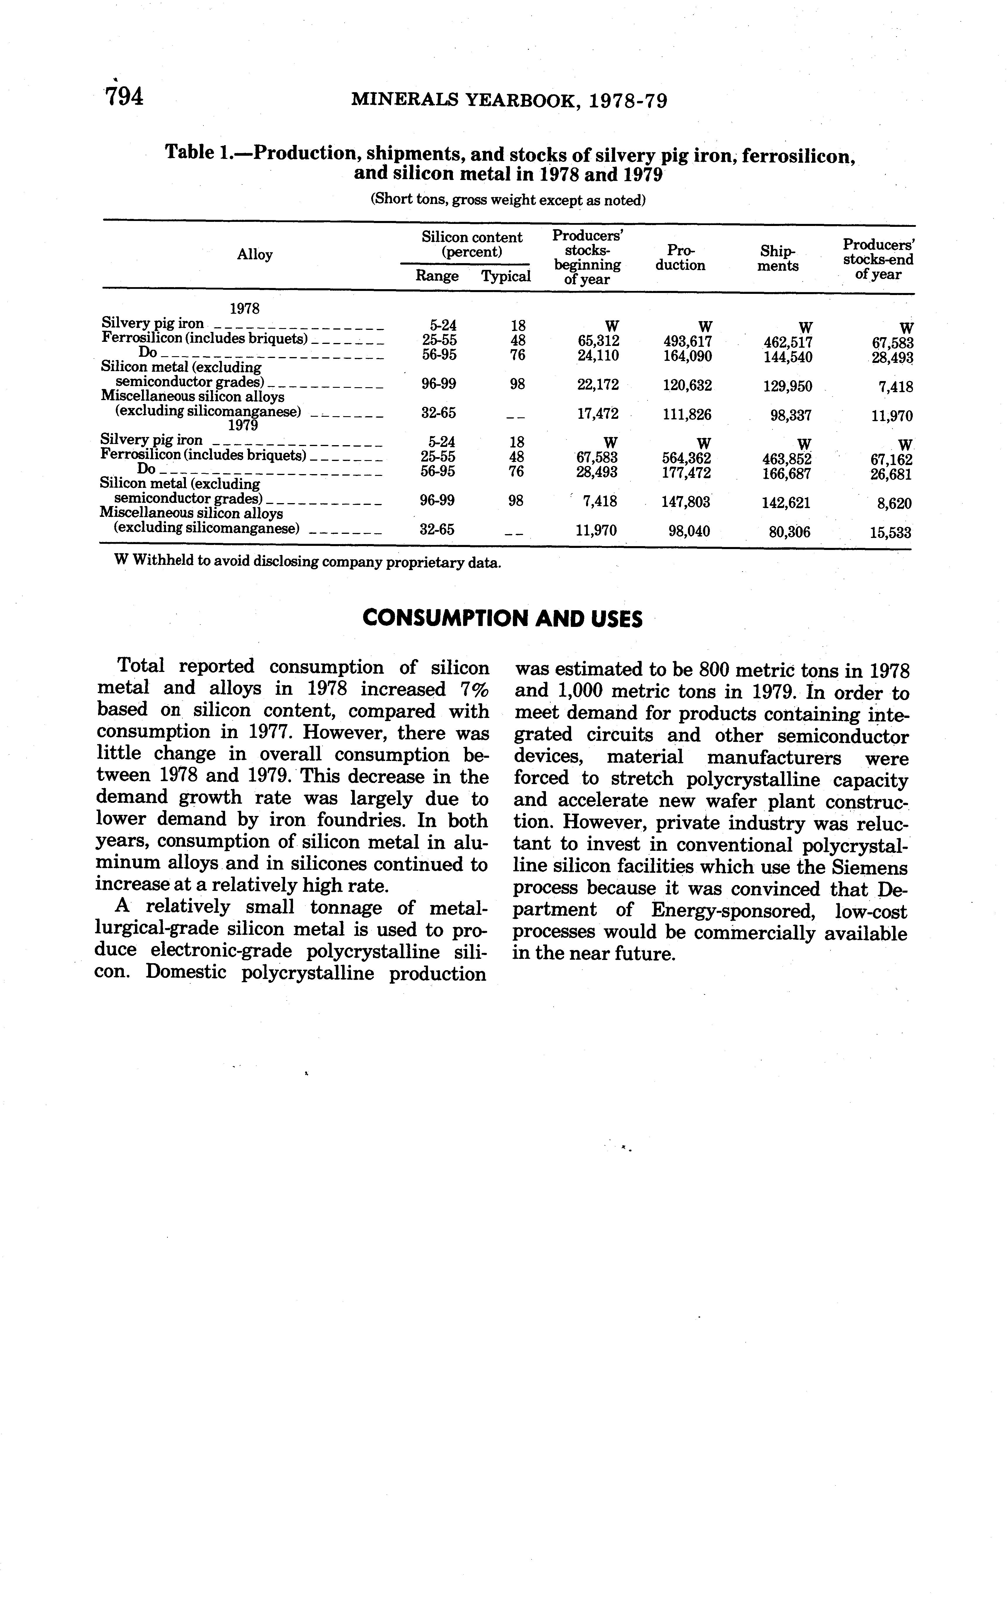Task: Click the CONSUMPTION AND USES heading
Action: pyautogui.click(x=503, y=619)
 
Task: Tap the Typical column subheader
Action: pyautogui.click(x=506, y=276)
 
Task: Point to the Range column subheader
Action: pyautogui.click(x=437, y=275)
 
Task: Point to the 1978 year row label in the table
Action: pyautogui.click(x=244, y=308)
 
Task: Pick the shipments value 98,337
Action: pyautogui.click(x=791, y=415)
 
